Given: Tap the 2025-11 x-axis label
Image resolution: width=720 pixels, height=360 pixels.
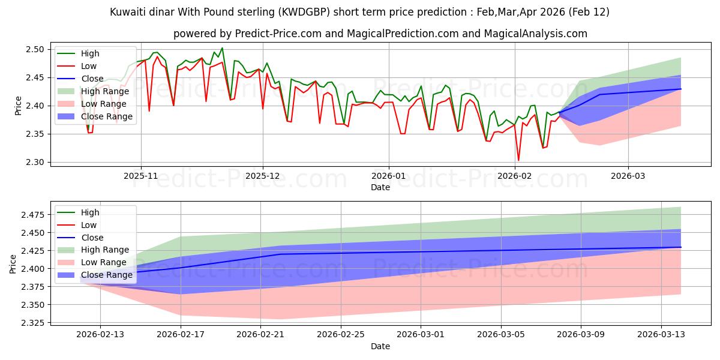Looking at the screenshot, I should (x=141, y=177).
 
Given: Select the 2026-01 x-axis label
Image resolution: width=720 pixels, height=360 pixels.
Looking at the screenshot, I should (x=389, y=177).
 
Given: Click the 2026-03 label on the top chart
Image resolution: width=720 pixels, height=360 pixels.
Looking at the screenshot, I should (x=628, y=177).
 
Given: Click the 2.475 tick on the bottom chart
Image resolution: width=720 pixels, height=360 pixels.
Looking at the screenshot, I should (x=33, y=215).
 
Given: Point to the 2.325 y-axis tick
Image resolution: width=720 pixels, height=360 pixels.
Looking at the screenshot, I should (x=33, y=323).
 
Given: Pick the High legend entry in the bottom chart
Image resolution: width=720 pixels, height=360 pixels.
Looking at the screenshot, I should (x=90, y=212).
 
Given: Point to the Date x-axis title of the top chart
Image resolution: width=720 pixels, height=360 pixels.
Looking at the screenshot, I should (x=380, y=187).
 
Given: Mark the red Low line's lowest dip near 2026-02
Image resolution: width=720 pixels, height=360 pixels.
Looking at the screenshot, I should (x=518, y=160).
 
